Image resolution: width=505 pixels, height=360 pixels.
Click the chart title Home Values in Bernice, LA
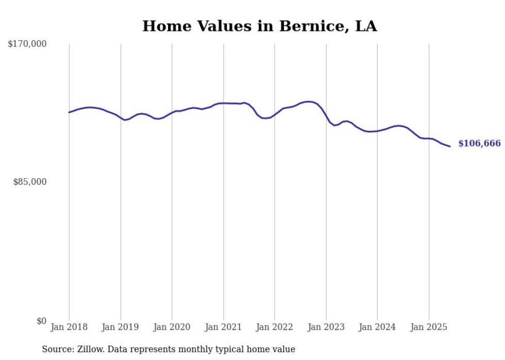tap(259, 26)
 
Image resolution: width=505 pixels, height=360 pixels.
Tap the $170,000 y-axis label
tap(27, 44)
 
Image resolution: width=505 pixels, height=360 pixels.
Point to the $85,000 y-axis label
tap(30, 182)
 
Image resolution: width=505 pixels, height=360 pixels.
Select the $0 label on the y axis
tap(41, 321)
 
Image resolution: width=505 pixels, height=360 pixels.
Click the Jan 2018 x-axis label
tap(69, 327)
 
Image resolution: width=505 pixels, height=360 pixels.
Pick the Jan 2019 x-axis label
tap(121, 327)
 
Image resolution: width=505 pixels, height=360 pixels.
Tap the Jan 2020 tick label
tap(172, 327)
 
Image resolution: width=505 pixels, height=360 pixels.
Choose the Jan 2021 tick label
tap(223, 327)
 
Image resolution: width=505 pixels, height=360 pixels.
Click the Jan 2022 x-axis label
tap(275, 327)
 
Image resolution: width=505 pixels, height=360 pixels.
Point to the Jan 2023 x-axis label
tap(326, 327)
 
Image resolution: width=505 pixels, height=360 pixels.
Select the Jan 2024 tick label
tap(377, 327)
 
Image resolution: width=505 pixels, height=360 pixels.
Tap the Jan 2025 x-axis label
tap(429, 327)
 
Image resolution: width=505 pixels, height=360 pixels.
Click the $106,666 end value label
tap(479, 144)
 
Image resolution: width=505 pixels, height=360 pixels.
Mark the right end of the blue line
tap(450, 146)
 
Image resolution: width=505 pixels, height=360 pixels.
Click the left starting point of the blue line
tap(69, 112)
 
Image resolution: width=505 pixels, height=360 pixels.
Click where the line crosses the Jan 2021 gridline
tap(223, 103)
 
